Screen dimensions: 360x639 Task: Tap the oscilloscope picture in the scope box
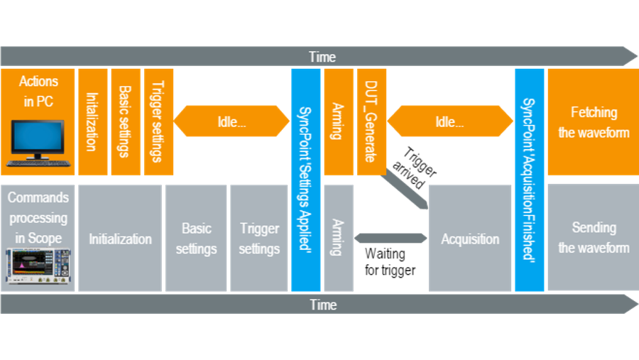coord(37,266)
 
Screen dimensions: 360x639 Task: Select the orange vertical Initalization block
coord(92,121)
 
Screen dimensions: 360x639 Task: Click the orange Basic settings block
coord(126,121)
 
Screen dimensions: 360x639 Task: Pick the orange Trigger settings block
coord(158,121)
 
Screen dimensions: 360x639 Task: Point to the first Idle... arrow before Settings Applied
coord(231,121)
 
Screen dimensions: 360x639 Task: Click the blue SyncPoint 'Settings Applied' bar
coord(306,180)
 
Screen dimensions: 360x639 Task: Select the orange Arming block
coord(338,121)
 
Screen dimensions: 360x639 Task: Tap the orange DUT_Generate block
coord(371,121)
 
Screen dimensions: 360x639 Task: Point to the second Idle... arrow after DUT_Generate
coord(449,121)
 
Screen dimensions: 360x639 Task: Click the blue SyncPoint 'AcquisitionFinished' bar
coord(530,180)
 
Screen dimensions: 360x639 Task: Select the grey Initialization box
coord(120,239)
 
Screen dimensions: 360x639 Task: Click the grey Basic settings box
coord(197,239)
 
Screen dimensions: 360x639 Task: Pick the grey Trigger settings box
coord(259,239)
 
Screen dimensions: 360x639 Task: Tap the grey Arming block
coord(338,239)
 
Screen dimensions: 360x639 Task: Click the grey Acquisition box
coord(470,239)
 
